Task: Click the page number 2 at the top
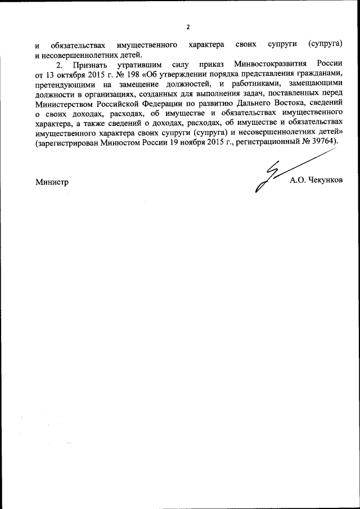(188, 26)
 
